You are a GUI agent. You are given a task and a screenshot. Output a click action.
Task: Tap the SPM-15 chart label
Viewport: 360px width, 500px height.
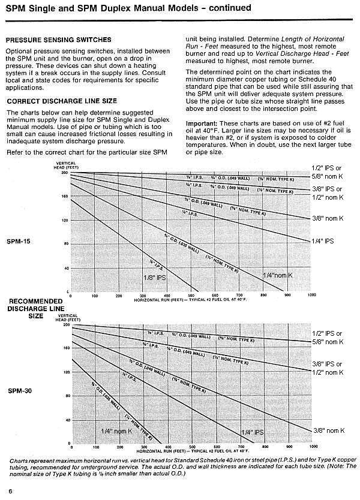[19, 242]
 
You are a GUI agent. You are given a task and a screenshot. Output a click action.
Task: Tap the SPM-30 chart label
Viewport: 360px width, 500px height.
[19, 390]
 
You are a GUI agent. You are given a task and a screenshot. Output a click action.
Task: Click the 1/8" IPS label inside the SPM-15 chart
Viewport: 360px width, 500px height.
[154, 278]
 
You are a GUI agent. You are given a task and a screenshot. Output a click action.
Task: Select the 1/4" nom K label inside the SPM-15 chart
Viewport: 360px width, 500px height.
[278, 275]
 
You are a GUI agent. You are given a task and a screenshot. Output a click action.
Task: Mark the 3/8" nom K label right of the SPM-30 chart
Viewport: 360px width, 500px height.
[329, 430]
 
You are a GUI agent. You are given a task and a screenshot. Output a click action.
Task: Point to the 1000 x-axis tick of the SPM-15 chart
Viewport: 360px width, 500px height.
[311, 296]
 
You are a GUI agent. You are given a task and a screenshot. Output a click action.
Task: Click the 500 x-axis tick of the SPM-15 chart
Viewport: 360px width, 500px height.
[191, 296]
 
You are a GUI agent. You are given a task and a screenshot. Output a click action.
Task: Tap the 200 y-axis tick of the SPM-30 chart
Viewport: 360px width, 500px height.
[66, 324]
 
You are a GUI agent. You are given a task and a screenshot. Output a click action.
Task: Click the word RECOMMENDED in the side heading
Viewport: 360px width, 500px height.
[35, 301]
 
